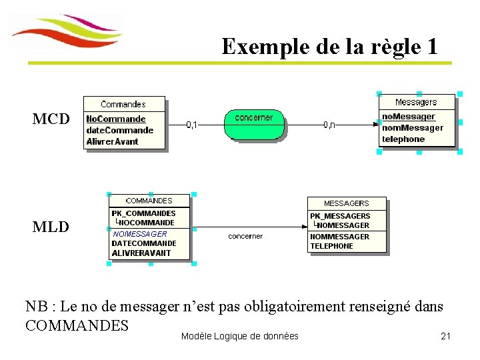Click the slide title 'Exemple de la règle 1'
[329, 47]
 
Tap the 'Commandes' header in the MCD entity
[123, 104]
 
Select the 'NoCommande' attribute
[115, 119]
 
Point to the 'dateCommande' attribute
[119, 130]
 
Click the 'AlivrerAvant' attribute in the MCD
[112, 141]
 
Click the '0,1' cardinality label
[191, 125]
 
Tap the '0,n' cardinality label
[329, 125]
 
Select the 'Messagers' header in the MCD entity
[416, 102]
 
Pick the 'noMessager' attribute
[408, 117]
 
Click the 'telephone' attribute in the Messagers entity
[403, 139]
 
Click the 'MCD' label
[51, 119]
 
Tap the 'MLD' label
[51, 227]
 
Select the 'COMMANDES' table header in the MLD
[149, 201]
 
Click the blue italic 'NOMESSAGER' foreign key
[140, 234]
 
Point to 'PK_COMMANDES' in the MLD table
[143, 213]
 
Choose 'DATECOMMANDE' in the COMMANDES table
[143, 243]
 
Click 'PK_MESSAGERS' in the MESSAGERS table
[340, 216]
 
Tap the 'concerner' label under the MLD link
[245, 236]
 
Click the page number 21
[446, 336]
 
